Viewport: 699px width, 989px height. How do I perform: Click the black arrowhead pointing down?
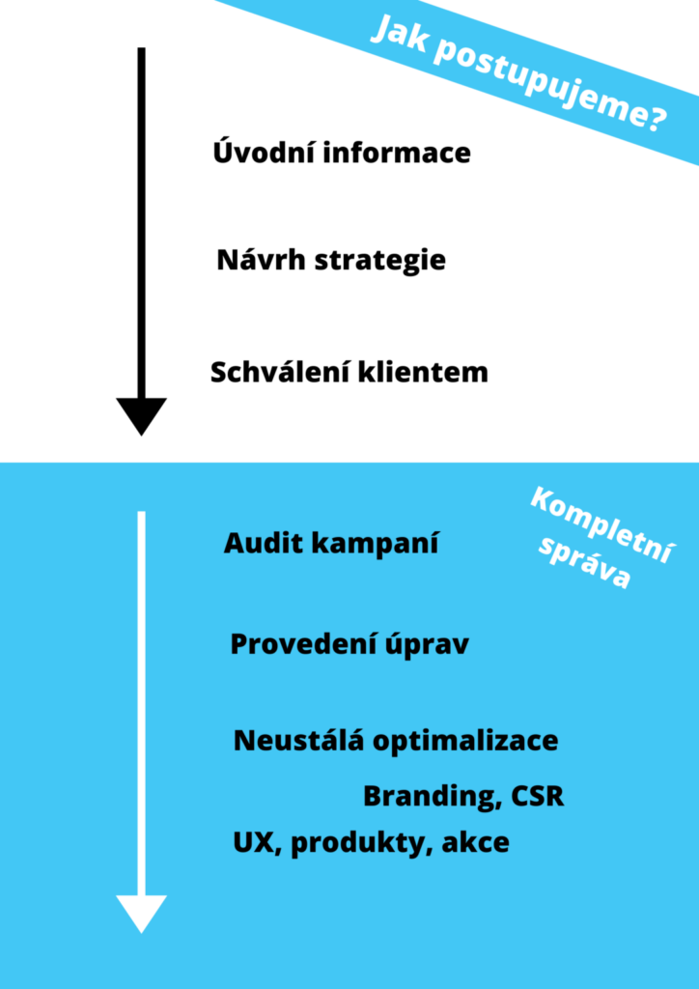(141, 415)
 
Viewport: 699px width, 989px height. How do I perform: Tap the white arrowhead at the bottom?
(141, 913)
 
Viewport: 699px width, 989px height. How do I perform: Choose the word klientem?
(423, 372)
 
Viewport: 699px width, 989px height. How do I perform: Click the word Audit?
(259, 544)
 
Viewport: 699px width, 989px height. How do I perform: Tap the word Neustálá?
(298, 740)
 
